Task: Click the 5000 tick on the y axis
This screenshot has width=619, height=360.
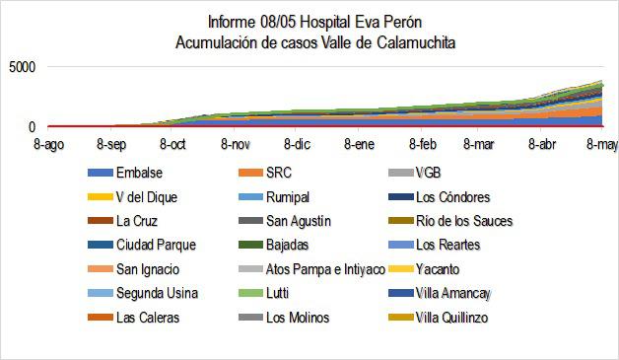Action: pyautogui.click(x=21, y=67)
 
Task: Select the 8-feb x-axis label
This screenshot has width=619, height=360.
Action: pyautogui.click(x=421, y=144)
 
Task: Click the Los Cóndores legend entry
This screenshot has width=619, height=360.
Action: pyautogui.click(x=452, y=197)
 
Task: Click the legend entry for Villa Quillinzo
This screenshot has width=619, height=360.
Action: pyautogui.click(x=452, y=318)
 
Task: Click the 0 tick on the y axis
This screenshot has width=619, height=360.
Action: pyautogui.click(x=33, y=127)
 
